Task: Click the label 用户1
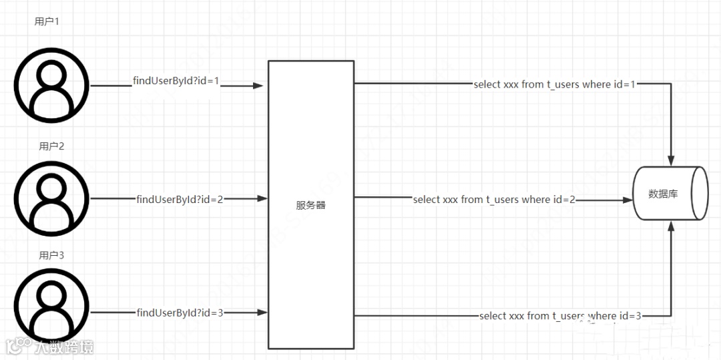(47, 21)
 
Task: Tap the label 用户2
(51, 146)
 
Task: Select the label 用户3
(51, 255)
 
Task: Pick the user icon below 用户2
(51, 197)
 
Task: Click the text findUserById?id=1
(176, 81)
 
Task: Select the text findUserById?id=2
(180, 199)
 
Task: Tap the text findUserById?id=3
(180, 313)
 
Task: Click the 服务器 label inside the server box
(311, 205)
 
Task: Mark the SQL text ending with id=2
(494, 200)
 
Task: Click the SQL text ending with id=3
(560, 316)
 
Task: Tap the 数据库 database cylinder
(670, 194)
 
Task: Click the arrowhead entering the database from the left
(627, 200)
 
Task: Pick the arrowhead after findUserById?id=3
(262, 313)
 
